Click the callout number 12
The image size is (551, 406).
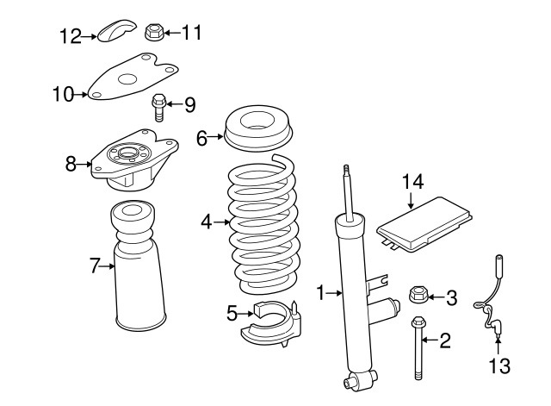click(70, 35)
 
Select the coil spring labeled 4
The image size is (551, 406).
click(262, 224)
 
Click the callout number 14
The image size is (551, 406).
click(413, 181)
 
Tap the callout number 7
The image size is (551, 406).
click(96, 266)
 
